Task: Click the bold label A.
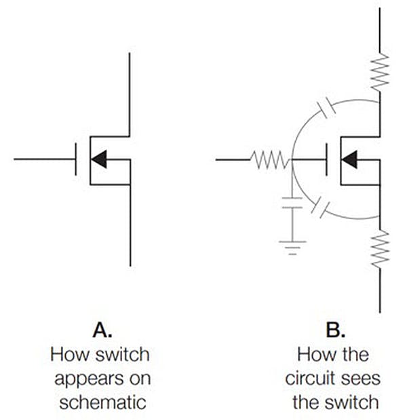[100, 332]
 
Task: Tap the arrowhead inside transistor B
[349, 159]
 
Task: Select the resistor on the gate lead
[268, 160]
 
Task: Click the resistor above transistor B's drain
[379, 72]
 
